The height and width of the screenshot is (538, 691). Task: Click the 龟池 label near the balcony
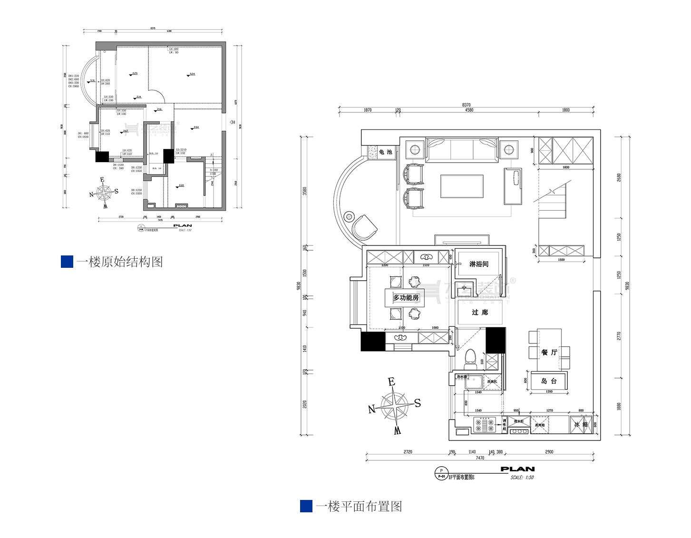(x=385, y=152)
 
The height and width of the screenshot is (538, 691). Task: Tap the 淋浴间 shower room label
(x=478, y=264)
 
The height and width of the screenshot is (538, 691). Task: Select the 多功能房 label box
(x=406, y=298)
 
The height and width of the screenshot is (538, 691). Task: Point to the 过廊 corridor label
(x=479, y=313)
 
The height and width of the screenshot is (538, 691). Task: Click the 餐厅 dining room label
(x=549, y=352)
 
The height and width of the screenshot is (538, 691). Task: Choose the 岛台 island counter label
(x=549, y=381)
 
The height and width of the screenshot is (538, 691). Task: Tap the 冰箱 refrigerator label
(x=581, y=425)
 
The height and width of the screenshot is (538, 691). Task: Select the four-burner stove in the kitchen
(x=484, y=425)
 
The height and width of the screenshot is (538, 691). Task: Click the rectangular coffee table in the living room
(x=462, y=186)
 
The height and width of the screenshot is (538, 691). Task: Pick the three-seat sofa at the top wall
(x=462, y=150)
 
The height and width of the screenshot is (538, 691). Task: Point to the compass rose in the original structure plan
(x=104, y=193)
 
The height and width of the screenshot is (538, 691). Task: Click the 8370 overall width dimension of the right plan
(x=466, y=105)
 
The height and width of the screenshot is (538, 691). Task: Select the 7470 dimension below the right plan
(x=480, y=458)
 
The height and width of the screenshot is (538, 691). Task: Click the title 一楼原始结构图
(x=119, y=262)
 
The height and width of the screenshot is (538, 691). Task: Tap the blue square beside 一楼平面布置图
(x=306, y=506)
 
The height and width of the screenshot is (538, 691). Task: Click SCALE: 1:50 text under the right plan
(x=522, y=478)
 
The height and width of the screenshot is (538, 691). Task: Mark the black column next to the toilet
(x=495, y=340)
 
